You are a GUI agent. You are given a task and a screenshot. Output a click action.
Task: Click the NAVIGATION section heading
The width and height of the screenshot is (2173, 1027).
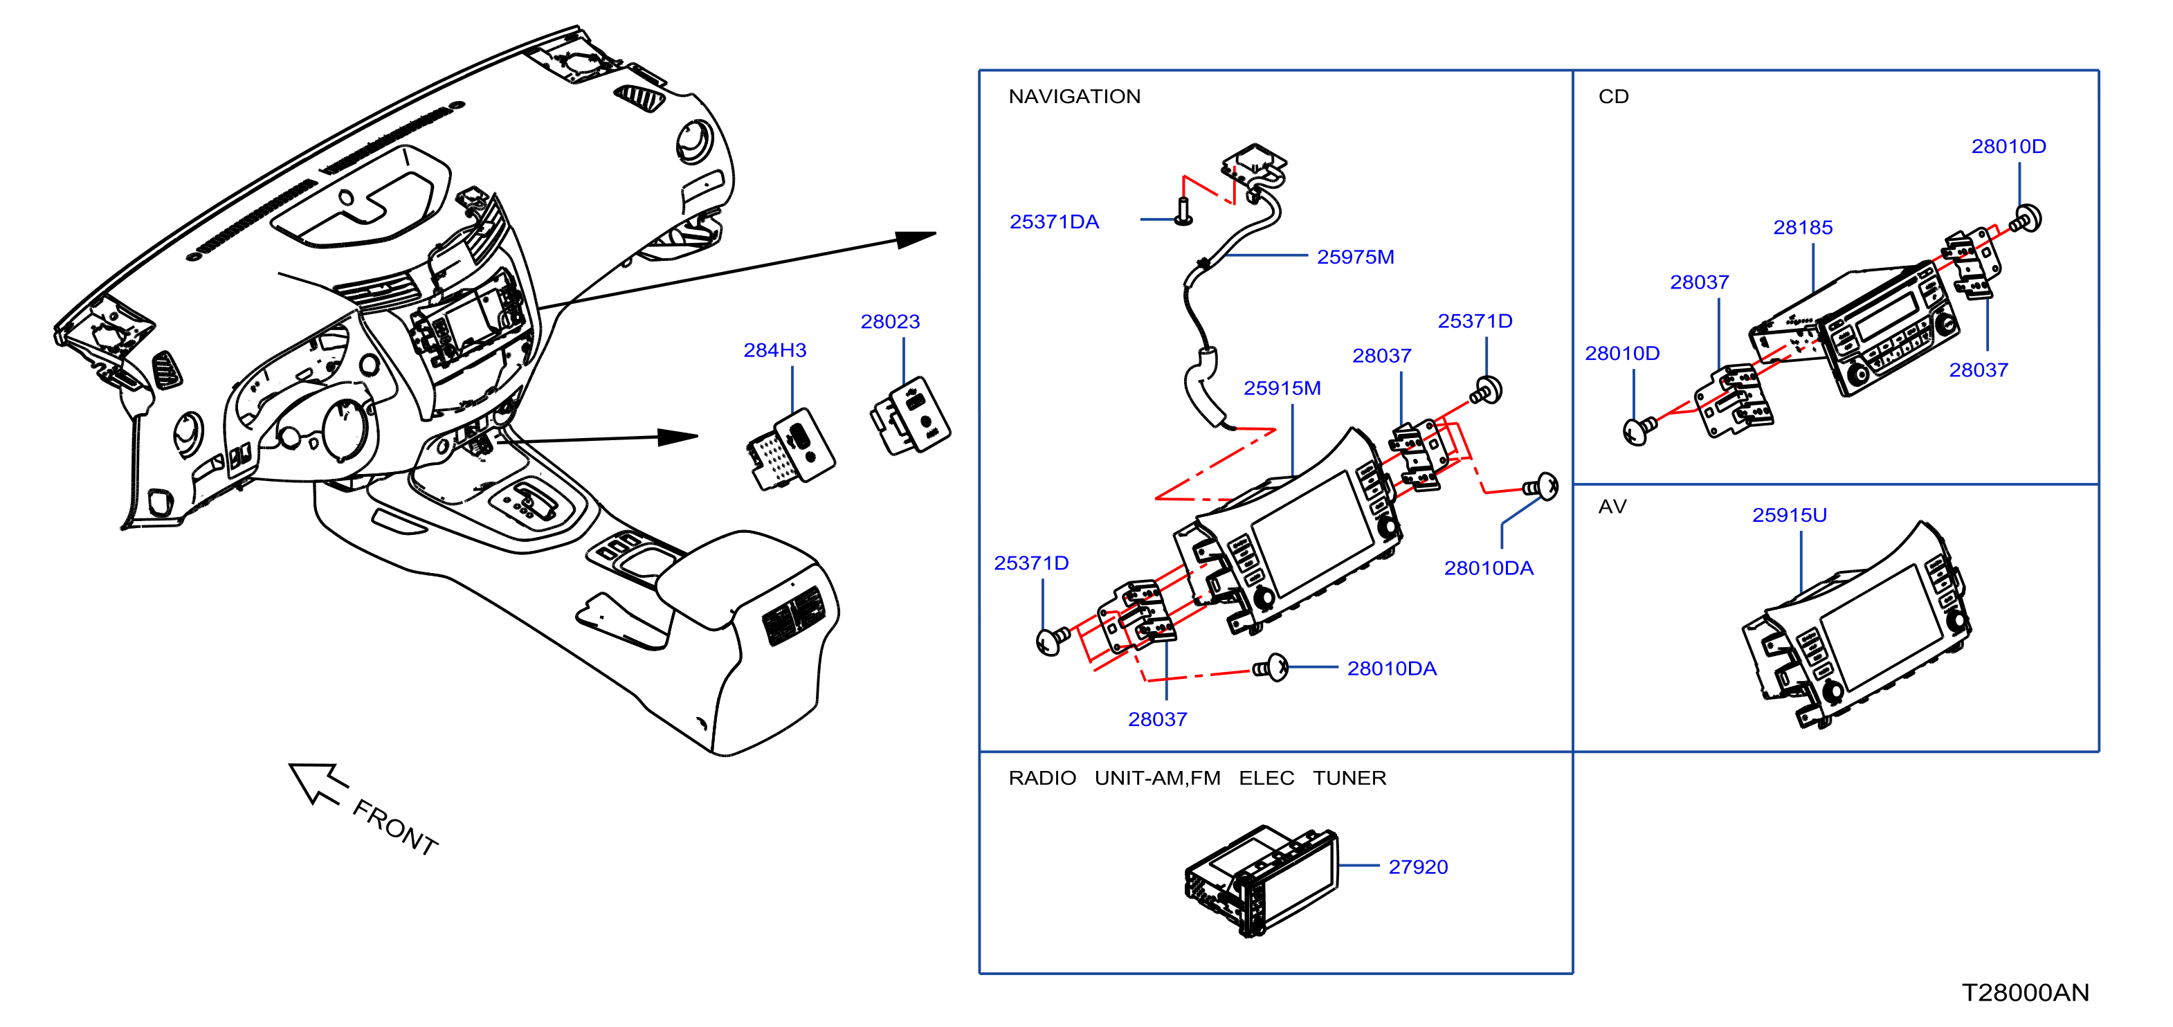(x=1074, y=96)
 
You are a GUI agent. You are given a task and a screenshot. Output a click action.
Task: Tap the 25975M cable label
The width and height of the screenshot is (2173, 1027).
(x=1355, y=257)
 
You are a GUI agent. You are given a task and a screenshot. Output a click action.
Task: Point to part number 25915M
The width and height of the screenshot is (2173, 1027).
(x=1282, y=388)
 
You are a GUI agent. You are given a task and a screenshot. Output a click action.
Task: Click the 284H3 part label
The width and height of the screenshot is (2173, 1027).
(x=774, y=349)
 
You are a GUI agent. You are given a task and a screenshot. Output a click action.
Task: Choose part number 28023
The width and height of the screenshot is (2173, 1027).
(x=890, y=322)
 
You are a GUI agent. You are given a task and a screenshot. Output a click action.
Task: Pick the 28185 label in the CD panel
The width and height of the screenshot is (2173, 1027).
(x=1803, y=227)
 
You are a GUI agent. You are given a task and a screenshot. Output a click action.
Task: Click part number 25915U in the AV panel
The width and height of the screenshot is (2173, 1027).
(x=1789, y=515)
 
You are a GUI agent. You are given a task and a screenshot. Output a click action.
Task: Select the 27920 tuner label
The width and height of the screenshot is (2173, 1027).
(x=1417, y=866)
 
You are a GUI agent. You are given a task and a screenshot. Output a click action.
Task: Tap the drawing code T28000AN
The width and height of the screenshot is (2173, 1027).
(x=2024, y=992)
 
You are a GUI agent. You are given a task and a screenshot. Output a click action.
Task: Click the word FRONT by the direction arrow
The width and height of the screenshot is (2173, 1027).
(x=394, y=828)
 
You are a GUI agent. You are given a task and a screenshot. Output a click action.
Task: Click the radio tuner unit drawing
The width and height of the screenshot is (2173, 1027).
(x=1260, y=881)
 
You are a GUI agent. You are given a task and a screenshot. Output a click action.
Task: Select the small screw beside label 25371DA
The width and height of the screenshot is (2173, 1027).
(x=1183, y=211)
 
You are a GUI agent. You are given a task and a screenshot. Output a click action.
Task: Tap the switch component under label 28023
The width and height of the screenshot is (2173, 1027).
(x=909, y=415)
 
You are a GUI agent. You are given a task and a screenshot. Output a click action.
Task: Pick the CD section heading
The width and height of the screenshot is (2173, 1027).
(x=1613, y=96)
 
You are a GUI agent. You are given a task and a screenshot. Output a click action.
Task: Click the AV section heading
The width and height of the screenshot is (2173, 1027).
(x=1612, y=507)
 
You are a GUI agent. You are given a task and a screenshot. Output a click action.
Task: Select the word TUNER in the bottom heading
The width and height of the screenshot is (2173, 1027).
(x=1349, y=778)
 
